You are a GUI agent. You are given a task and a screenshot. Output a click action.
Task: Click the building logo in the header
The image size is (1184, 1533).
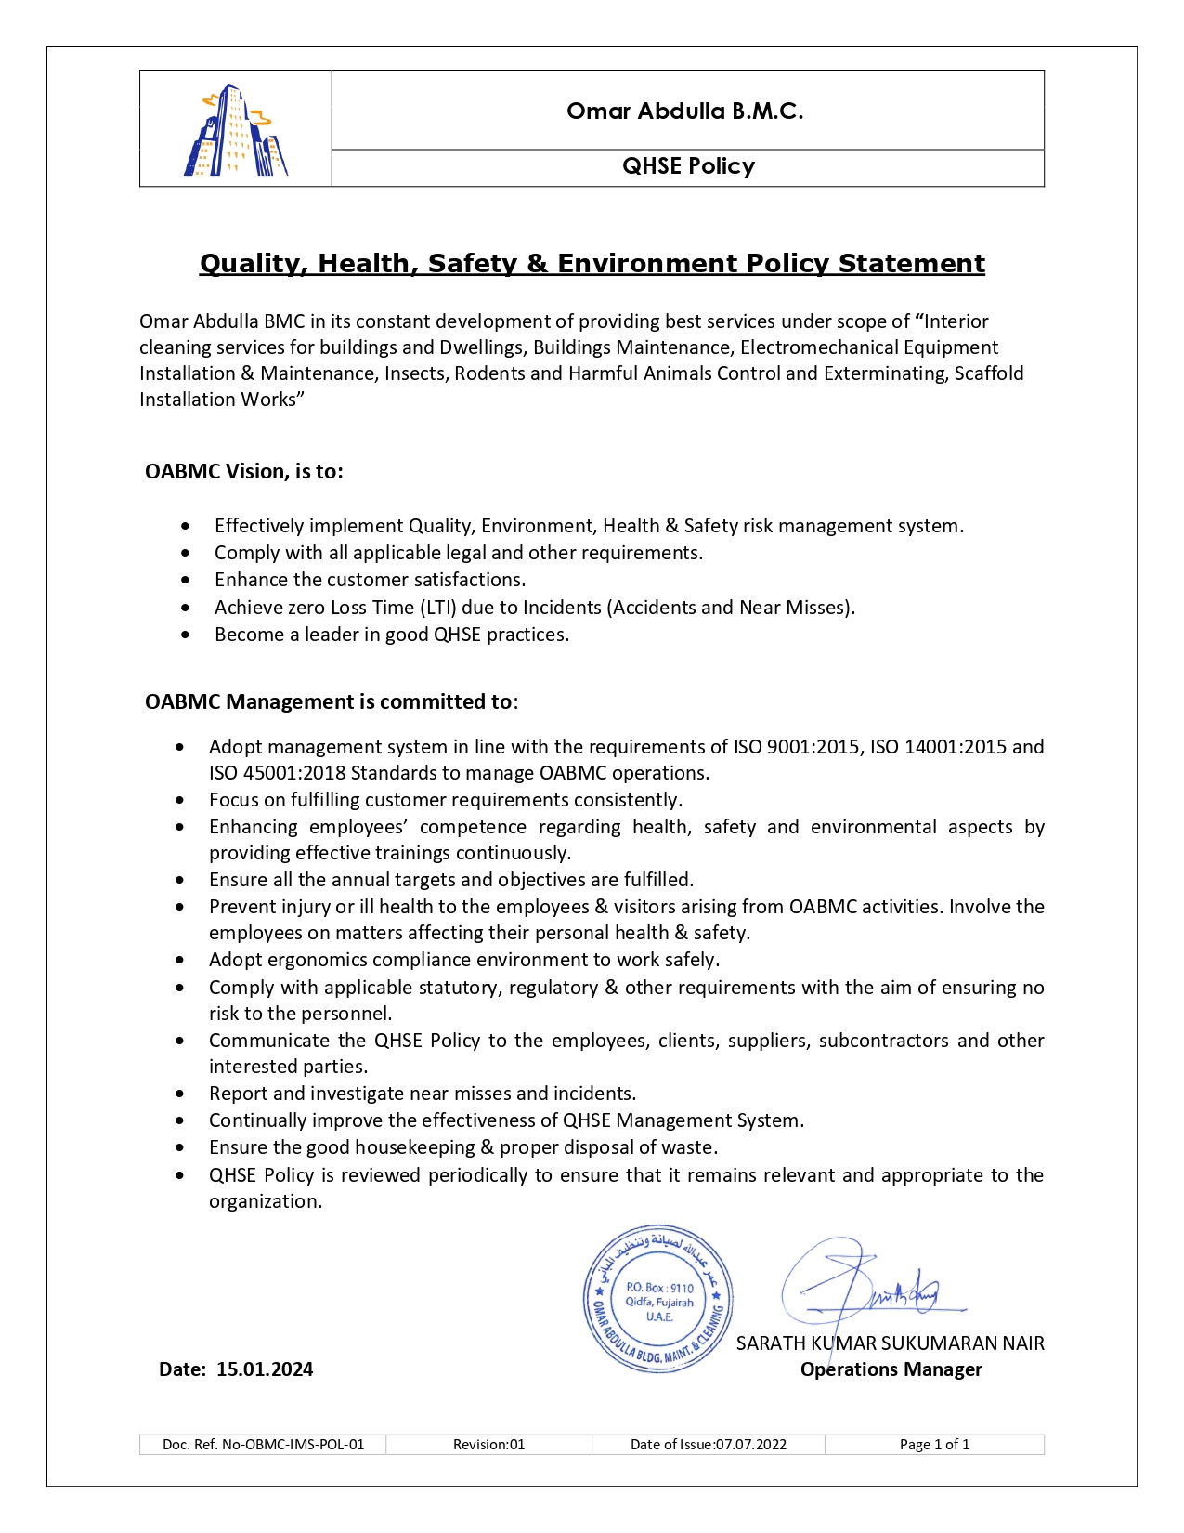(x=236, y=130)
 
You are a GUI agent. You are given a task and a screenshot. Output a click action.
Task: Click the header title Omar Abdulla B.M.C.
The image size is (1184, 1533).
(x=685, y=111)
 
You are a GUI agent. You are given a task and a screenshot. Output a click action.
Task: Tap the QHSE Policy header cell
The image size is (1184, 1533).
(x=688, y=166)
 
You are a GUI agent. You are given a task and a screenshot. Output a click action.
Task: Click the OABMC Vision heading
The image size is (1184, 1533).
(x=244, y=472)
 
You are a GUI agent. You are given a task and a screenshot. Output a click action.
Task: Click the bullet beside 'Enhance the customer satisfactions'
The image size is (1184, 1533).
(x=187, y=581)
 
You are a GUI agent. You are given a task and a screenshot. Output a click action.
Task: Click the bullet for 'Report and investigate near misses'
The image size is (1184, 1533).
(x=180, y=1094)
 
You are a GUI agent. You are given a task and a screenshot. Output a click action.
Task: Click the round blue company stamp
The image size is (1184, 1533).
(x=658, y=1298)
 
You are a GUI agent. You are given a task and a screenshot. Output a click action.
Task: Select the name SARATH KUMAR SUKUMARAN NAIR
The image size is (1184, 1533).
(x=890, y=1343)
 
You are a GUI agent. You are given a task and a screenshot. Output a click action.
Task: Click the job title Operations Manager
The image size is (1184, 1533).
(x=891, y=1369)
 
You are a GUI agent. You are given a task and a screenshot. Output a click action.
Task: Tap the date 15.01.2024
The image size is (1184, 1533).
(x=265, y=1369)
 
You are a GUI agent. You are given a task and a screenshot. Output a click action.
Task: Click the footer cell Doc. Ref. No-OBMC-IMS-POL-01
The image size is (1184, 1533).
(x=263, y=1445)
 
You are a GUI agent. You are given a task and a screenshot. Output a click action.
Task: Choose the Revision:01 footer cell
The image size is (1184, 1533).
(x=488, y=1445)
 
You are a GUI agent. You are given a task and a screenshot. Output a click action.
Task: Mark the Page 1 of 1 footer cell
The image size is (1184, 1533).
(x=934, y=1445)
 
